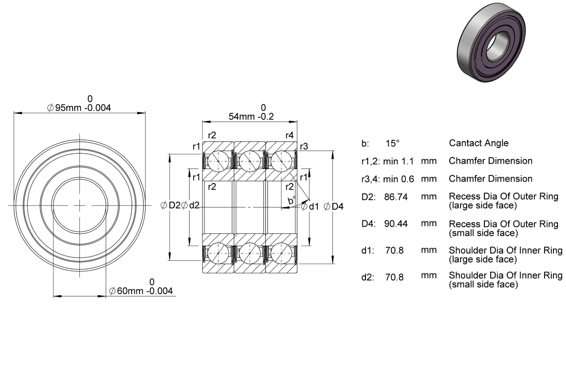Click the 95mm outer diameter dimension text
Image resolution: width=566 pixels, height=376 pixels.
(x=79, y=108)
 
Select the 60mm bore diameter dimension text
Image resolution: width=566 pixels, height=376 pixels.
(x=141, y=291)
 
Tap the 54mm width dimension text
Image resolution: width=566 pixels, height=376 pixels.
(x=251, y=117)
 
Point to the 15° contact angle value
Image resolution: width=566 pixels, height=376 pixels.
(x=392, y=143)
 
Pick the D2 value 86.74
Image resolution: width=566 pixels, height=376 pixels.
(x=396, y=197)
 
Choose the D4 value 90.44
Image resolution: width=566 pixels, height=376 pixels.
(x=396, y=224)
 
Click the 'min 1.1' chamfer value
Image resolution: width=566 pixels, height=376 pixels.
(x=399, y=161)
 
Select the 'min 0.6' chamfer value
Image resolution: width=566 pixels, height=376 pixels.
(x=399, y=179)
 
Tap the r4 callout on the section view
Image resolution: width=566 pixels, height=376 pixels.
(x=290, y=135)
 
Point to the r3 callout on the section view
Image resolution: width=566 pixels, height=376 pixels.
(x=304, y=146)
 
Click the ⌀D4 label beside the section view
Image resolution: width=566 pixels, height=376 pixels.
(x=333, y=207)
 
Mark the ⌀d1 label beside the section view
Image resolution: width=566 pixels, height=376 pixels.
(x=310, y=207)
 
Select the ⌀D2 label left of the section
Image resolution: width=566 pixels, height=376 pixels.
(x=171, y=205)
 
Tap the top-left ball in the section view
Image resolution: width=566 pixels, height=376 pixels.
(x=218, y=161)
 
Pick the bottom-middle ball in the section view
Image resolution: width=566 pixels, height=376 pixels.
(x=250, y=253)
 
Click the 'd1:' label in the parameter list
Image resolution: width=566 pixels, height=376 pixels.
(x=368, y=250)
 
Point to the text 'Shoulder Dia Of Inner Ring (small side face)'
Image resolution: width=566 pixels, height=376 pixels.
(x=506, y=280)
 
